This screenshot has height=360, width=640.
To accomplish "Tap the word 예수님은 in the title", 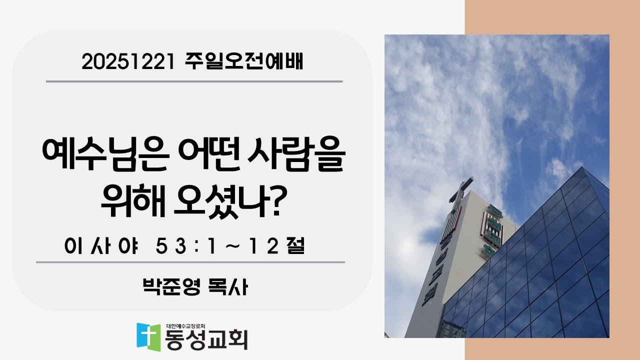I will click(x=90, y=156).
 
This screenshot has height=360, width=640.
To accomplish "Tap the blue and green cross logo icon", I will click(x=148, y=336).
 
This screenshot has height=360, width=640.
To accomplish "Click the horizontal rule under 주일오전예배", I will click(x=194, y=81).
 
